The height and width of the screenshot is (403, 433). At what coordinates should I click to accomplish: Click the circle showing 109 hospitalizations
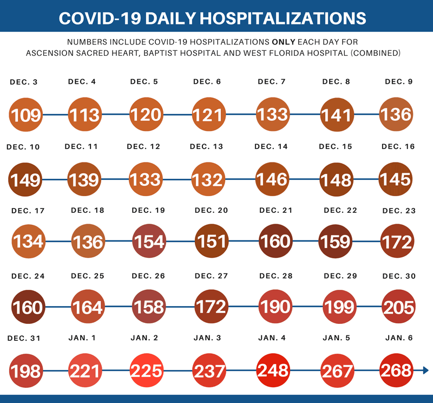click(25, 114)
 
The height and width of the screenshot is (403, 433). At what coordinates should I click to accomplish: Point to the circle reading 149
click(25, 179)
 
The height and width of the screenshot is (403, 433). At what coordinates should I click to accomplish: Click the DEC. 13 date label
click(207, 147)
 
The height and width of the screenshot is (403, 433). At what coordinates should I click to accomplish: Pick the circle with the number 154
click(149, 241)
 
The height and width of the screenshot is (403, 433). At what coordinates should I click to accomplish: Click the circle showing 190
click(275, 306)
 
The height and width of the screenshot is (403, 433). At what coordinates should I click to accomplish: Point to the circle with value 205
click(398, 307)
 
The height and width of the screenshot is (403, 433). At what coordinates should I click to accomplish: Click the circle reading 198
click(25, 370)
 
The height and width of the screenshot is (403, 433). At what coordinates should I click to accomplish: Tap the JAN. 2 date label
click(145, 338)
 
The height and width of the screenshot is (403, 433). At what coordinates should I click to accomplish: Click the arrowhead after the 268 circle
click(425, 370)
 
